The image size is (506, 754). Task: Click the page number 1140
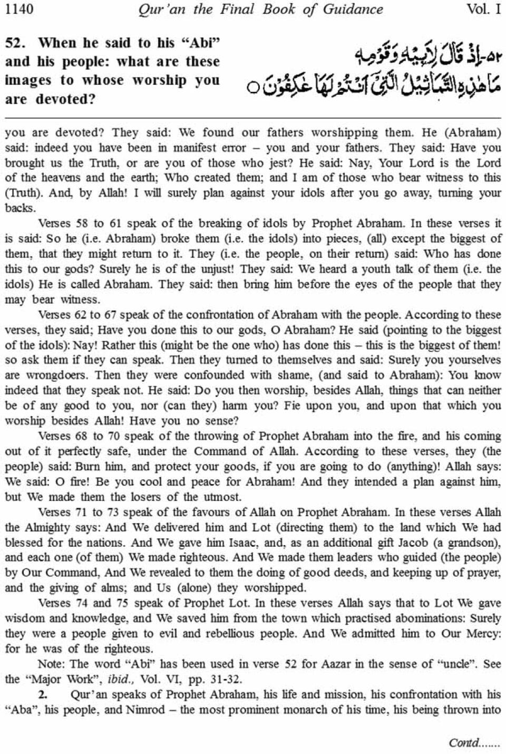tap(19, 9)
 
